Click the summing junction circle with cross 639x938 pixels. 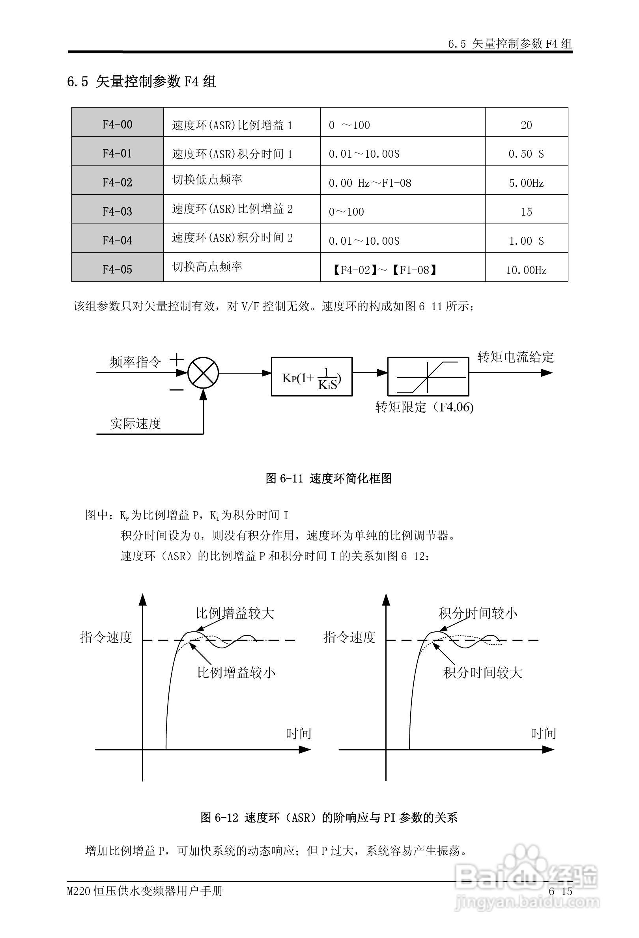(203, 373)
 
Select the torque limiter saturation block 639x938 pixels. (428, 376)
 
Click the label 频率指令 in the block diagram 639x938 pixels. (135, 362)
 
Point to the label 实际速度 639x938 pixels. (135, 423)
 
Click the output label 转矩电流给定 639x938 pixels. (516, 357)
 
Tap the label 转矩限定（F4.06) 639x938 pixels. (424, 407)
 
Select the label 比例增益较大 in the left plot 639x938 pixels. (235, 614)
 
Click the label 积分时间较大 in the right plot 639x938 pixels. (482, 672)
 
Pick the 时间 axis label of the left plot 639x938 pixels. (299, 733)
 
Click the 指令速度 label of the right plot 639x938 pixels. (349, 637)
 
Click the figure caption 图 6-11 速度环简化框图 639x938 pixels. (329, 478)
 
